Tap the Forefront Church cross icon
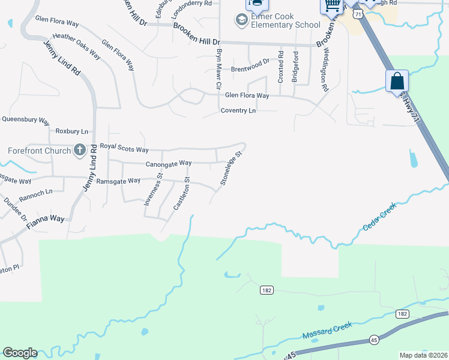(80, 150)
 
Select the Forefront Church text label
(39, 151)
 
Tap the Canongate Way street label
(169, 163)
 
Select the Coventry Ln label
(238, 111)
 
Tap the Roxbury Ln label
(71, 131)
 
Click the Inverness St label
(153, 190)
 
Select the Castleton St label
(181, 193)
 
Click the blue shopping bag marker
(397, 81)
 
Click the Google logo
(20, 353)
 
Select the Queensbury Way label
(25, 119)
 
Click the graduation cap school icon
(241, 21)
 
